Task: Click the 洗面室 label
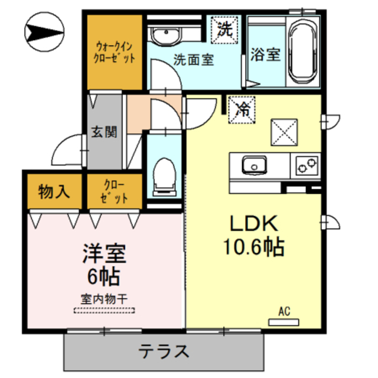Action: [x=194, y=60]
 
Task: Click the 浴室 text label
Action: [x=265, y=54]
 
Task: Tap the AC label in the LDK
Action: [x=283, y=311]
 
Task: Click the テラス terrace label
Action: [x=164, y=352]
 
